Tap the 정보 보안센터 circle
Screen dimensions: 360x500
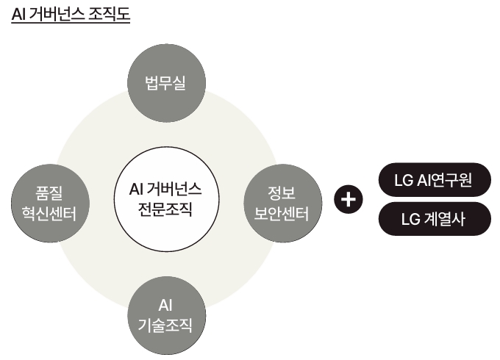(282, 204)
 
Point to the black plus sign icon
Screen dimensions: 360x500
(348, 198)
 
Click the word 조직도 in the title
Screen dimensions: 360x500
(107, 15)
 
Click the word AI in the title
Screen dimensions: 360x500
(20, 15)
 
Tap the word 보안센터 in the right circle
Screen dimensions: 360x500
(282, 214)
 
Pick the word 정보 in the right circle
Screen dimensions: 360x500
(282, 193)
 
